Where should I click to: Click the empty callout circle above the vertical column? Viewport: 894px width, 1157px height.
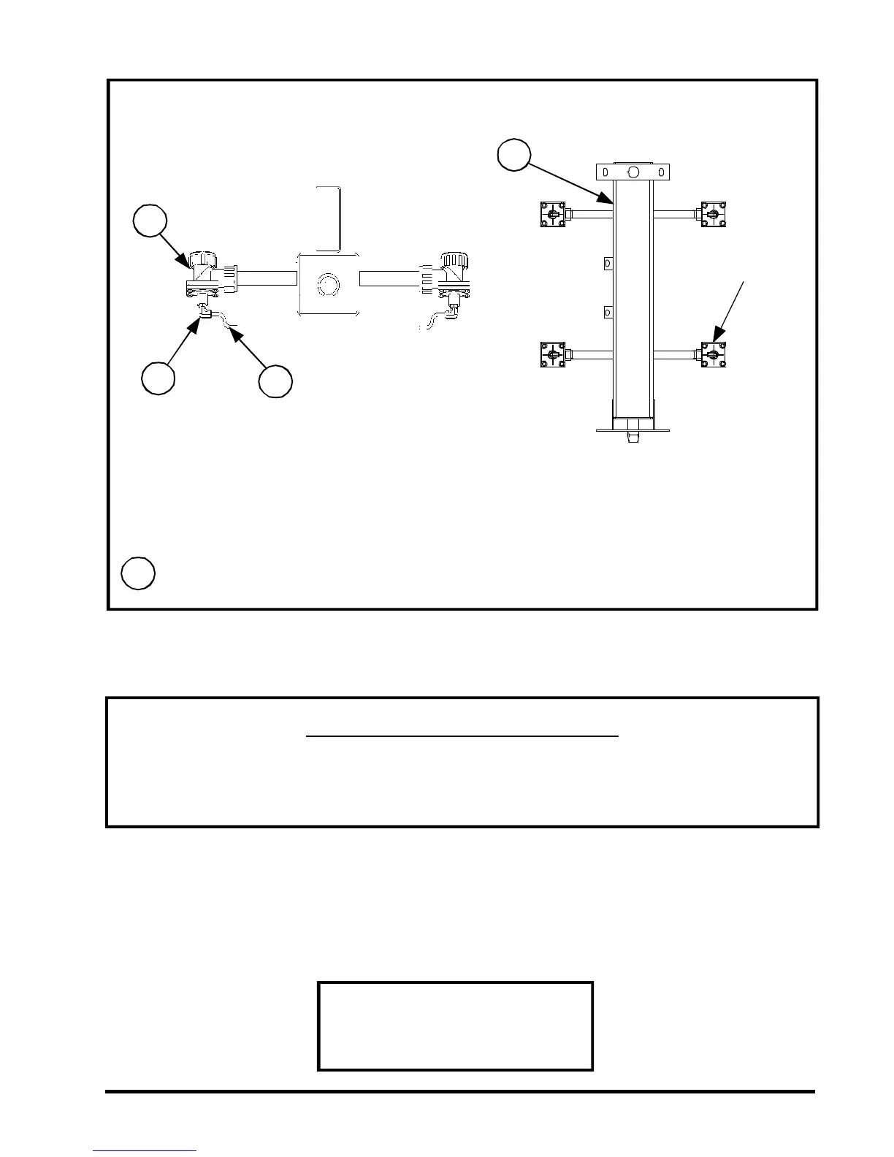click(x=514, y=154)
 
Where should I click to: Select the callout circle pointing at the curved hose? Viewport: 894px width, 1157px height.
click(x=276, y=382)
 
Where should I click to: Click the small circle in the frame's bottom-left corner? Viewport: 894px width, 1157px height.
click(x=138, y=573)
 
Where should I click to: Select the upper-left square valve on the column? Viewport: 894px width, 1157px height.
click(x=553, y=215)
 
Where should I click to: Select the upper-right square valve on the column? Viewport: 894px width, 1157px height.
click(x=714, y=215)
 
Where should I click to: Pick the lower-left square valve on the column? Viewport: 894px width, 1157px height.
click(x=553, y=355)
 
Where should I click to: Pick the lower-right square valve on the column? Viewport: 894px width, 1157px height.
click(x=714, y=355)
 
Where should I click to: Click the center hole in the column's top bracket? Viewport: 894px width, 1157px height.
click(x=633, y=172)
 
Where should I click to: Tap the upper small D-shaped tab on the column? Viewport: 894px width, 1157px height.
click(x=607, y=262)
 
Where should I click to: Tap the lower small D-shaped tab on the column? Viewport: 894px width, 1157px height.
click(x=607, y=313)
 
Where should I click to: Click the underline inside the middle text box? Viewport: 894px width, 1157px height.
click(x=462, y=737)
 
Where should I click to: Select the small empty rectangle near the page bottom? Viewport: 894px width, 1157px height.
click(x=455, y=1026)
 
